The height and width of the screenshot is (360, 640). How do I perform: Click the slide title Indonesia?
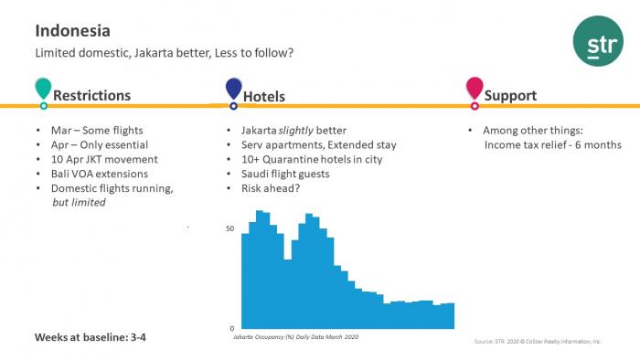point(72,31)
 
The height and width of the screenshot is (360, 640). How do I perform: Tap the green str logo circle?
point(598,41)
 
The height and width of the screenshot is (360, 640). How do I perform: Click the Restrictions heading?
point(91,95)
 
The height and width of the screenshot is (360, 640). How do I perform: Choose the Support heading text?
point(510,96)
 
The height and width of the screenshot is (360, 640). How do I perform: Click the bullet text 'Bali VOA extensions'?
point(100,174)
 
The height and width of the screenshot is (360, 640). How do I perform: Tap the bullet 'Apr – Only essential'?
point(100,144)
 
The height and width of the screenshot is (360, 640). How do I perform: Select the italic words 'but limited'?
point(80,202)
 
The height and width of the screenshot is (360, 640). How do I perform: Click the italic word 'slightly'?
point(296,131)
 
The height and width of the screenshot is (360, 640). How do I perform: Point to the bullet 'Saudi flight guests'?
point(285,175)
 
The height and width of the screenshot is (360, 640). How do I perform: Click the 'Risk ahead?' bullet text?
point(271,188)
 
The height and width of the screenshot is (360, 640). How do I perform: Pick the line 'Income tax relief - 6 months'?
point(553,145)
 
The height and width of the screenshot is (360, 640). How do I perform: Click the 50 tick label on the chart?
point(230,228)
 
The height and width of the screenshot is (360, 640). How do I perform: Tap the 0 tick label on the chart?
point(232,328)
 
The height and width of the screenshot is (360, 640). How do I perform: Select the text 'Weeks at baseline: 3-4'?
point(91,337)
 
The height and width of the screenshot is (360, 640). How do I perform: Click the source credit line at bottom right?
point(538,341)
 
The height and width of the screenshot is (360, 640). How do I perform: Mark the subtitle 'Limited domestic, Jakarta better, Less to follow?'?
point(165,53)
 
